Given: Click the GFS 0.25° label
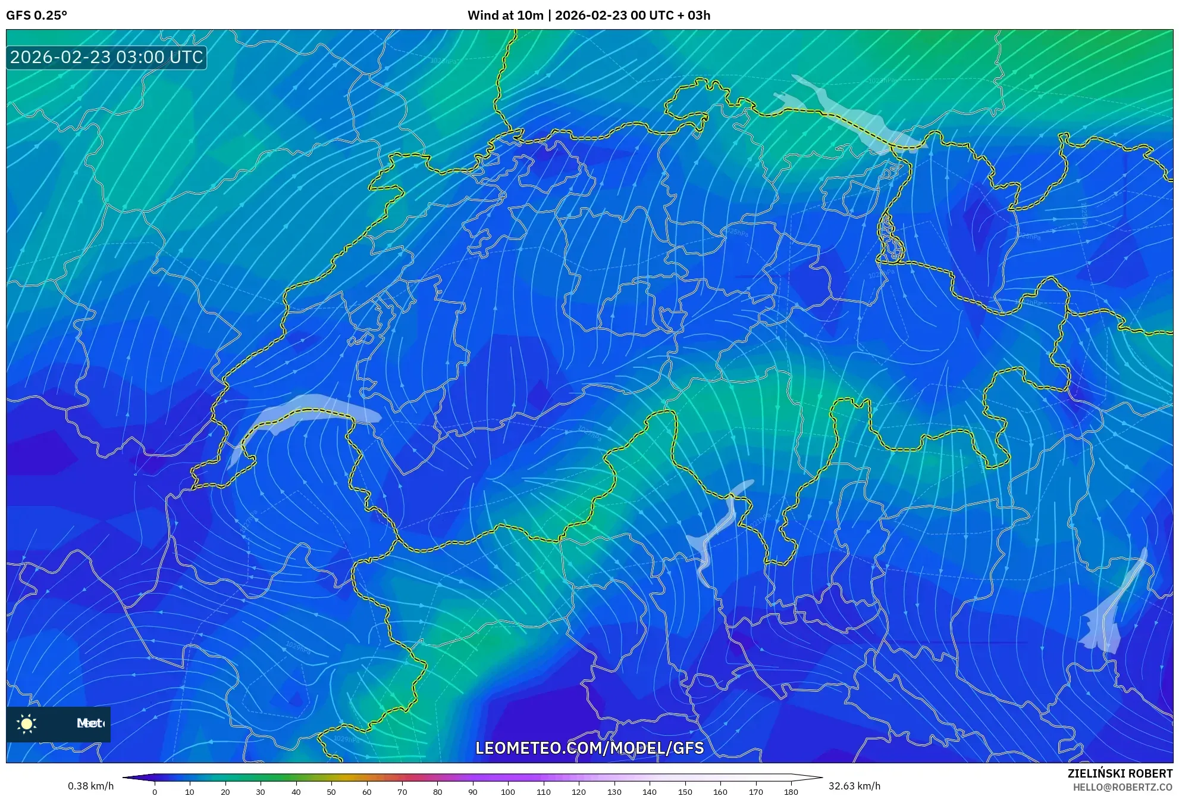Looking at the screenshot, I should (x=36, y=15).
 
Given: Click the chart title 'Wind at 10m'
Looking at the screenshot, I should (x=505, y=15).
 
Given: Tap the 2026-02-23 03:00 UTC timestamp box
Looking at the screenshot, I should (x=106, y=57).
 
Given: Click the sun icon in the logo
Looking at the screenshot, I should (x=27, y=723).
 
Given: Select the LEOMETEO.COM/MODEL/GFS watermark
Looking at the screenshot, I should (x=589, y=748).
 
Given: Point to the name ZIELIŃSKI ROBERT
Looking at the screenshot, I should (x=1120, y=773).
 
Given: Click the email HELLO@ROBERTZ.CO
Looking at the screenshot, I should (x=1122, y=787).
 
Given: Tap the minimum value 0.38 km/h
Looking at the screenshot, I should (x=90, y=786).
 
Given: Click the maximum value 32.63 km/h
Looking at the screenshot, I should (x=854, y=786).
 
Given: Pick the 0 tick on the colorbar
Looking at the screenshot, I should (x=155, y=792).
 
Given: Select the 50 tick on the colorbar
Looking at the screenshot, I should (x=331, y=792).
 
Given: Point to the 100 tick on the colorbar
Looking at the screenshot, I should (x=508, y=792).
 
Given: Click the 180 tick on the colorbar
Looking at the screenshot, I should (x=791, y=792).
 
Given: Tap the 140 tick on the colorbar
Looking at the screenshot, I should (x=650, y=792).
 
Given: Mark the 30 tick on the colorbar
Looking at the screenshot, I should (x=261, y=792).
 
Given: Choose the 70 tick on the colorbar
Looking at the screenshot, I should (x=402, y=792).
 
